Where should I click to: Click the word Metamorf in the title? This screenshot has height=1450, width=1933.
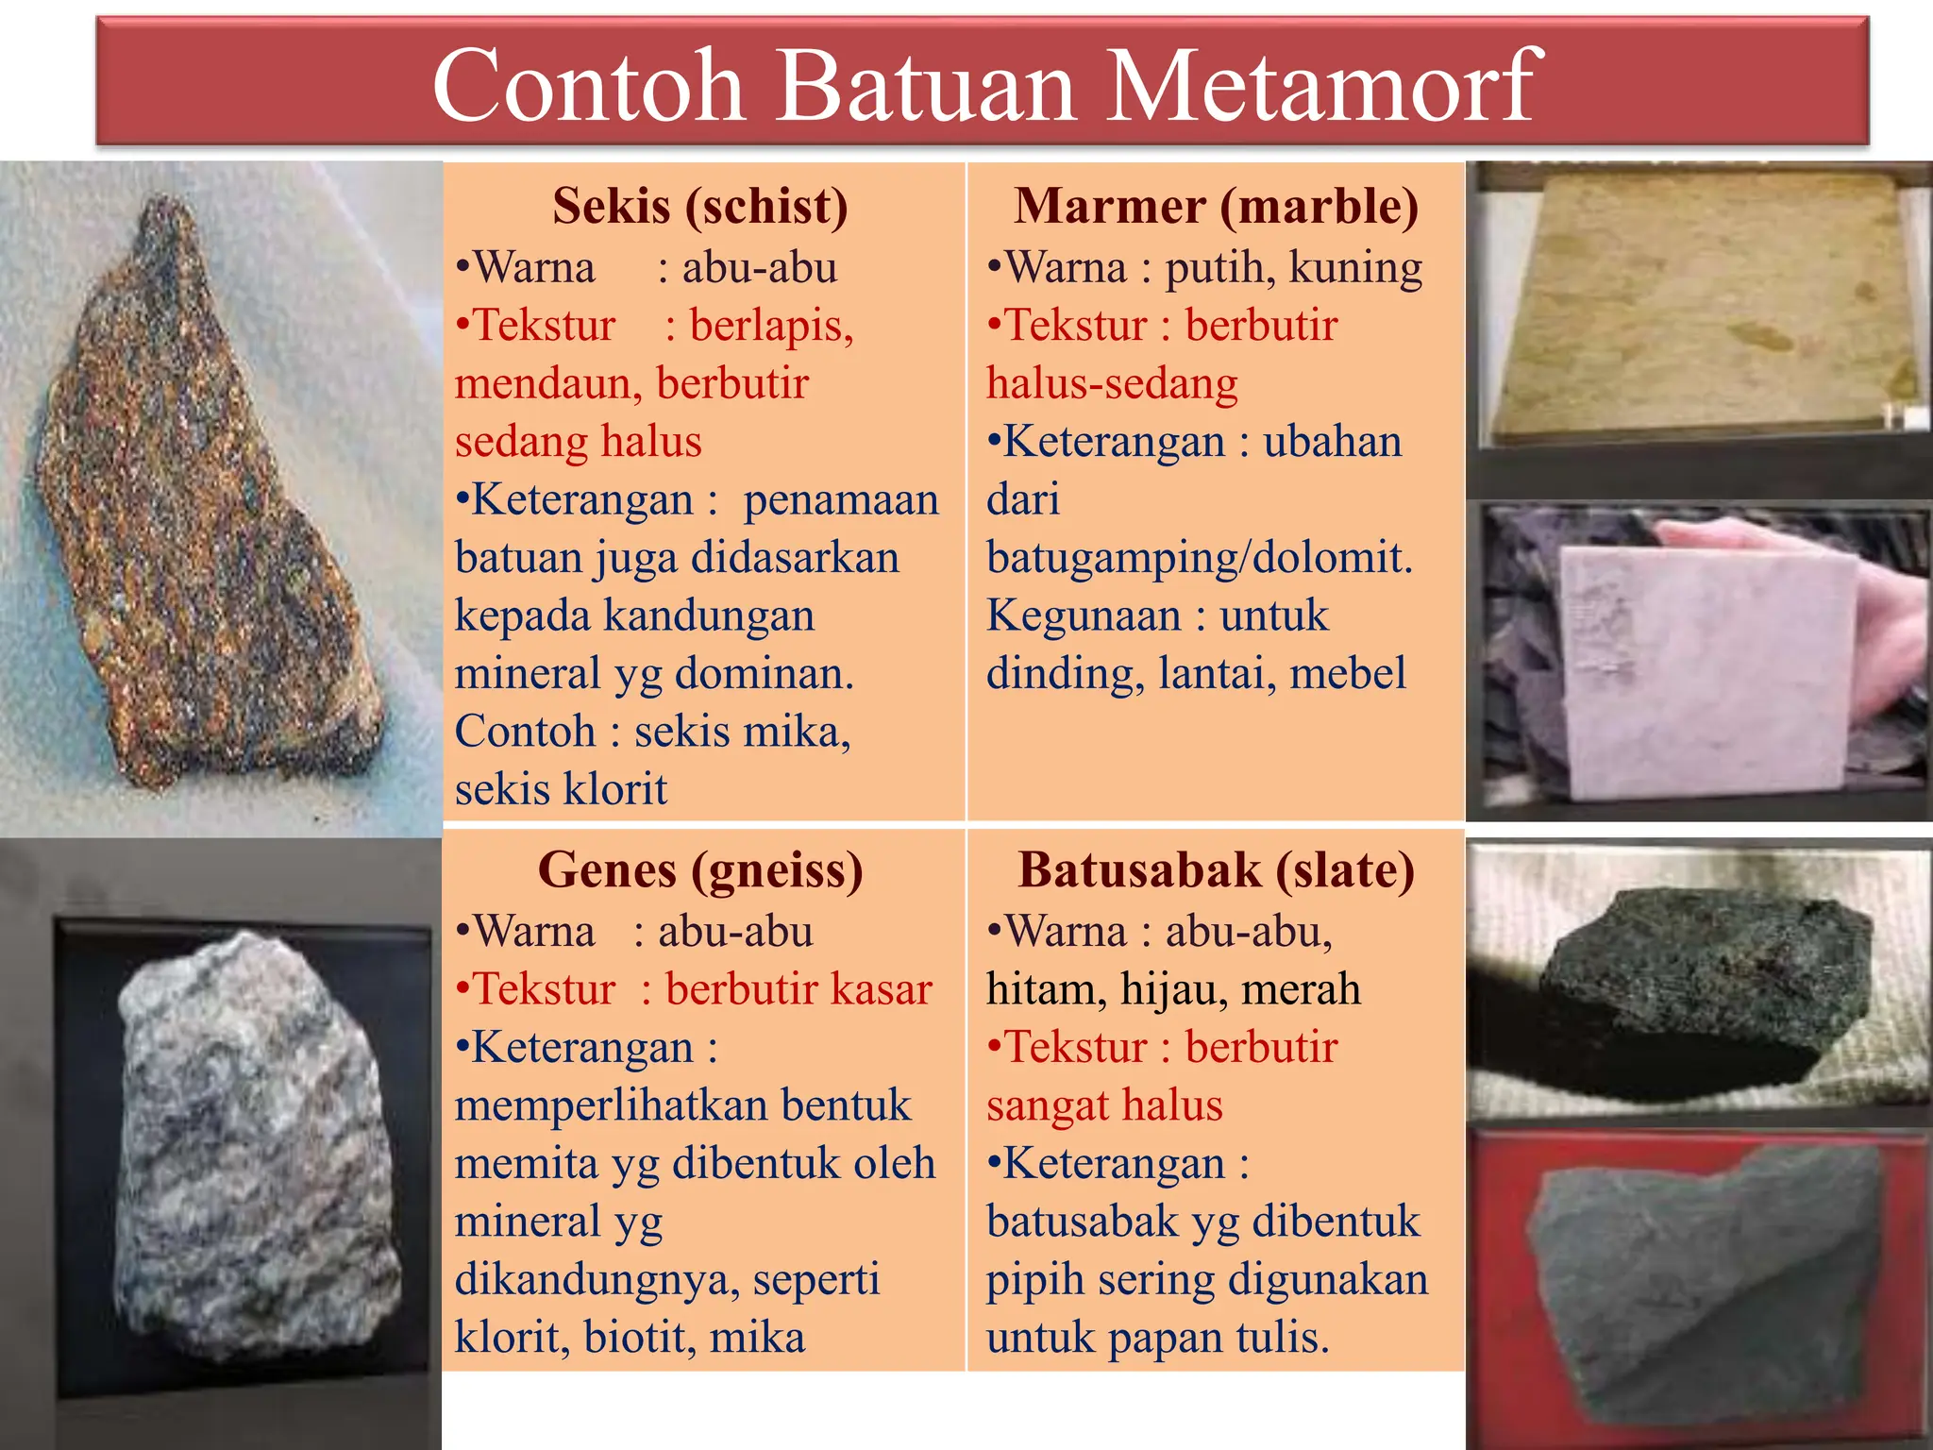tap(1321, 87)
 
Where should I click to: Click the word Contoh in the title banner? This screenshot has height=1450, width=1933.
tap(589, 87)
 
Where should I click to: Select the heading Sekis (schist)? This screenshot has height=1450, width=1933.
tap(700, 206)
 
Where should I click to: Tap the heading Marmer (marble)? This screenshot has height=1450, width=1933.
tap(1216, 206)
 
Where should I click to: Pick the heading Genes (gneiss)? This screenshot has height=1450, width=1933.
tap(700, 869)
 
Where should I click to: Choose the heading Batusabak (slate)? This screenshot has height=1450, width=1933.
tap(1216, 869)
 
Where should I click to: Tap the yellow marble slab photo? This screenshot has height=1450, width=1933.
tap(1699, 302)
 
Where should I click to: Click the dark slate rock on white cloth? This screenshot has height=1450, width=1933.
tap(1699, 991)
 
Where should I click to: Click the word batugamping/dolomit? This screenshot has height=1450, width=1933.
tap(1199, 558)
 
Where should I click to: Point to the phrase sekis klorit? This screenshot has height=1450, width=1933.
tap(561, 789)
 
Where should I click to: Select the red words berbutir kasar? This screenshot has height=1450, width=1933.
tap(798, 989)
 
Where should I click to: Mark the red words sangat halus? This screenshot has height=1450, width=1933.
tap(1104, 1105)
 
